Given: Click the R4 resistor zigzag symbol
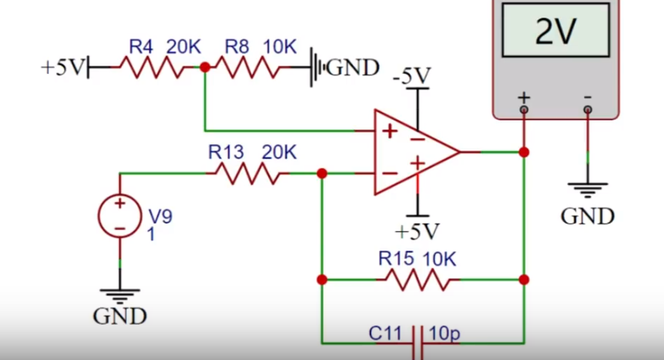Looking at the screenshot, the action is pos(153,67).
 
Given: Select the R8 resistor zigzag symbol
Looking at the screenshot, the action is pos(248,67).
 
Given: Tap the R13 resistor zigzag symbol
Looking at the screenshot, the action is pos(248,173).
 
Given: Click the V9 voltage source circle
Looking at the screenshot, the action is pos(120,216).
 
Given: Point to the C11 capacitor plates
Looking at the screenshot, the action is pos(418,342).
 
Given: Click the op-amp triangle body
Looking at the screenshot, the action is pos(417,152).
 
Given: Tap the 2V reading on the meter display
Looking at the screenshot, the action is pos(555,31).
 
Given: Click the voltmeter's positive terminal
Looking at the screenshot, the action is pos(524,109).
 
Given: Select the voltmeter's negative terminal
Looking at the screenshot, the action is pos(587,109).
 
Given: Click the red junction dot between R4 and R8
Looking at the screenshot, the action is pos(205,67).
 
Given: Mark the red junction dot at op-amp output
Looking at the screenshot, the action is pos(524,152).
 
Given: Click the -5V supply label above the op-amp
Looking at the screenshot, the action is pos(411,76).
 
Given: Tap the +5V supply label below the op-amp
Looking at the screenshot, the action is pos(417,231).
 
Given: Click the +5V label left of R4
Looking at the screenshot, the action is pos(63,67).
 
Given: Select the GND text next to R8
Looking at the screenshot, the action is pos(353,68).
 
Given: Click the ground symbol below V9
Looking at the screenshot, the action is pos(120,295).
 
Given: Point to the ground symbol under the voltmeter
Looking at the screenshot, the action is pos(587,190).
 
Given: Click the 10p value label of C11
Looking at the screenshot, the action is pos(444,334).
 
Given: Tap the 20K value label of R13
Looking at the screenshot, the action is pos(279,152).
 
